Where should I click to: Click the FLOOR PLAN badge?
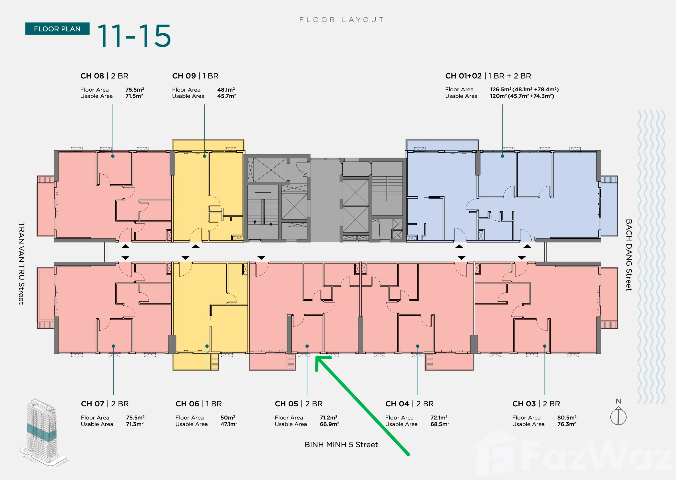coord(57,29)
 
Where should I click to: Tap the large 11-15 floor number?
coord(134,36)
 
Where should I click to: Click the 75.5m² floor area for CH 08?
coord(134,89)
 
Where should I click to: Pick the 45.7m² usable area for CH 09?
coord(226,96)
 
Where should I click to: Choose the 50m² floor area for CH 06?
coord(228,417)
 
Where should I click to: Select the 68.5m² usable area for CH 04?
coord(440,424)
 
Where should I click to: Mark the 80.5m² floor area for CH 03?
coord(567,417)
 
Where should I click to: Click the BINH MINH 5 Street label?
coord(341,445)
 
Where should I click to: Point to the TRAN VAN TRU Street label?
coord(21,263)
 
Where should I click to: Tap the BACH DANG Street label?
coord(629,255)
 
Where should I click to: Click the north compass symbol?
coord(618,414)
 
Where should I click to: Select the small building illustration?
coord(43,431)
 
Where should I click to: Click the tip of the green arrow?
coord(316,357)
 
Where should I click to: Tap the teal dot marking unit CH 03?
coord(545,346)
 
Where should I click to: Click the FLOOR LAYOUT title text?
coord(341,19)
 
